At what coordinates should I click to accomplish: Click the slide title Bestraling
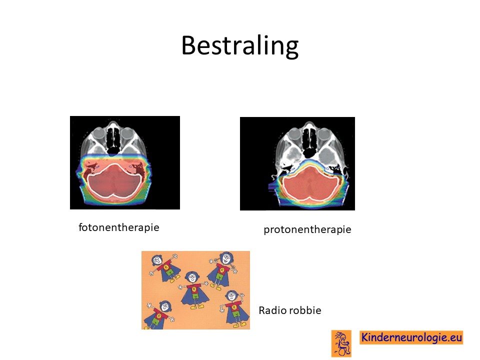pyautogui.click(x=239, y=46)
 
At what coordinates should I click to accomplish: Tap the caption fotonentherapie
pyautogui.click(x=119, y=227)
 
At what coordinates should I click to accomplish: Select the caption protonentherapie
pyautogui.click(x=307, y=229)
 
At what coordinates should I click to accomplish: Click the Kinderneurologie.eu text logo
pyautogui.click(x=411, y=337)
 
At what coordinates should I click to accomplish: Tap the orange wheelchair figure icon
pyautogui.click(x=341, y=343)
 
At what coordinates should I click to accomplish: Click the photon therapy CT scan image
pyautogui.click(x=125, y=162)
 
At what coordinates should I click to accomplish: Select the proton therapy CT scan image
pyautogui.click(x=297, y=163)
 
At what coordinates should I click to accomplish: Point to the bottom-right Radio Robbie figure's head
pyautogui.click(x=231, y=296)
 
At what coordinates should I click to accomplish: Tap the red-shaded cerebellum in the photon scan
pyautogui.click(x=114, y=181)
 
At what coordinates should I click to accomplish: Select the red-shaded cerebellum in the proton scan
pyautogui.click(x=309, y=184)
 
